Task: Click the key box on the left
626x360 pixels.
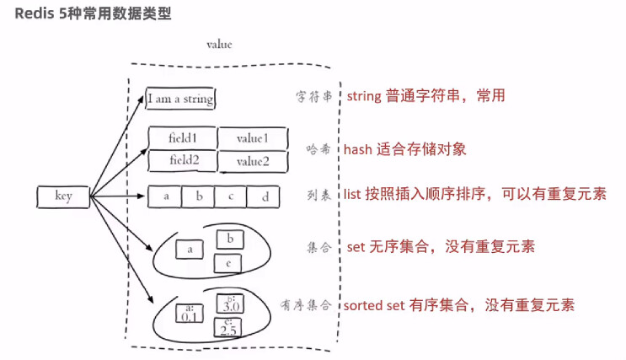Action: coord(64,197)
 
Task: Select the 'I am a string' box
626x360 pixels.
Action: coord(180,99)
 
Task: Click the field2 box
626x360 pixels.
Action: coord(182,160)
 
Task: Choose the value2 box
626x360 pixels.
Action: coord(253,161)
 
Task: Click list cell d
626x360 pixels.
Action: coord(264,197)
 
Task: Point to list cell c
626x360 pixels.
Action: coord(231,197)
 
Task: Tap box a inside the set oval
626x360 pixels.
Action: coord(190,250)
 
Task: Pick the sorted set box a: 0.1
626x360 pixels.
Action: coord(190,314)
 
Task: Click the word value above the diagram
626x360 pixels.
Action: coord(219,44)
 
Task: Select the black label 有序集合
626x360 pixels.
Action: coord(308,304)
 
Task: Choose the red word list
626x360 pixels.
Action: coord(356,196)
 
